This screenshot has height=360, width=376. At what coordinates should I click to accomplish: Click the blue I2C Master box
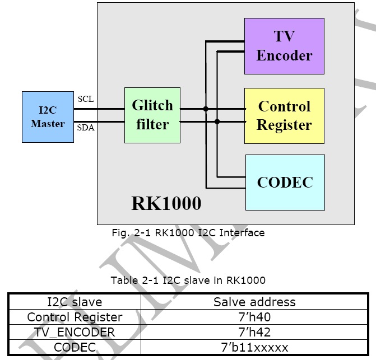(48, 117)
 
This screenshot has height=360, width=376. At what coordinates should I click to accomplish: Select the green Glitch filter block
(152, 115)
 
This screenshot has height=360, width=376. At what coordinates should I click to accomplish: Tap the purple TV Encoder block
(284, 46)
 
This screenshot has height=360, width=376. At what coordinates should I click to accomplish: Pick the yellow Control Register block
(284, 115)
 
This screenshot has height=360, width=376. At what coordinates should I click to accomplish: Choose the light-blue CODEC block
(285, 183)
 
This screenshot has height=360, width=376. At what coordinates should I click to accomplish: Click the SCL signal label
(86, 99)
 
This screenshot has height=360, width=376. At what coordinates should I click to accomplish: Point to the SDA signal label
(86, 128)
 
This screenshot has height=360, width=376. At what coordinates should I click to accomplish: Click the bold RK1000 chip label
(166, 203)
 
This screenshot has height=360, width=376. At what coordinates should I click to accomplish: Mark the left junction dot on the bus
(206, 109)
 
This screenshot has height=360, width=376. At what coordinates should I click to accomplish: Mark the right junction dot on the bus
(217, 121)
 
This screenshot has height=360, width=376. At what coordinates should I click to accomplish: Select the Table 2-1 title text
(188, 280)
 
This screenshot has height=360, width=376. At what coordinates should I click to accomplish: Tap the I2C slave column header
(75, 302)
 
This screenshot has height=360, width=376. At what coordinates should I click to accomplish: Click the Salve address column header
(254, 302)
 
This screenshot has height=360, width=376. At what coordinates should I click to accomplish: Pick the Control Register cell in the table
(75, 317)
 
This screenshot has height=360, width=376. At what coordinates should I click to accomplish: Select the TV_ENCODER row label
(75, 333)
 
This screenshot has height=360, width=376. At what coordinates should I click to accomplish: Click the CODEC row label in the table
(75, 347)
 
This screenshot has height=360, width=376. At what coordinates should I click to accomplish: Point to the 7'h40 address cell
(254, 317)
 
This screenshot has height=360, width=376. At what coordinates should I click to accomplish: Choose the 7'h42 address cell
(254, 333)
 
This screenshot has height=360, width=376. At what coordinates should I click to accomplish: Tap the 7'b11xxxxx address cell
(254, 347)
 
